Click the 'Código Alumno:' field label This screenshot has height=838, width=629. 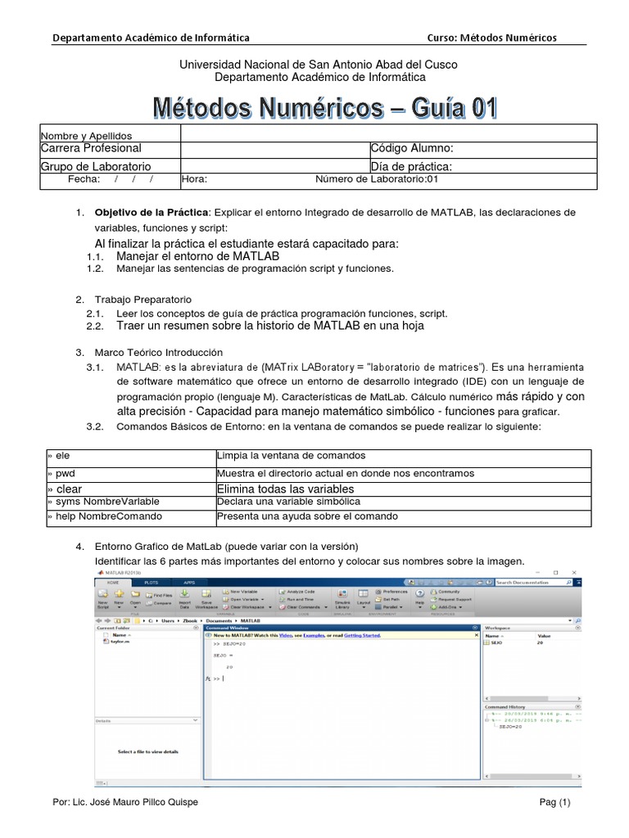(x=412, y=148)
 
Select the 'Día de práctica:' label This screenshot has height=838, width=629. (x=411, y=166)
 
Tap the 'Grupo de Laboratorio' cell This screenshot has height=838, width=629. (x=89, y=166)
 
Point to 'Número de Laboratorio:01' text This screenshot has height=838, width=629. (x=378, y=179)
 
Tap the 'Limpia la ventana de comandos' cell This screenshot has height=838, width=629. (x=291, y=455)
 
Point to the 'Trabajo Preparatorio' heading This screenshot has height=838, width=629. (x=143, y=300)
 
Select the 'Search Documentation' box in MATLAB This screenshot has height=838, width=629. (x=536, y=582)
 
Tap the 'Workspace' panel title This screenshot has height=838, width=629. (x=498, y=628)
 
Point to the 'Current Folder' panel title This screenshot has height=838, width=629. (x=114, y=628)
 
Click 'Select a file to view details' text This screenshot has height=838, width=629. (x=147, y=751)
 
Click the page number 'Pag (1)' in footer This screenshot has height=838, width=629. (x=554, y=803)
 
